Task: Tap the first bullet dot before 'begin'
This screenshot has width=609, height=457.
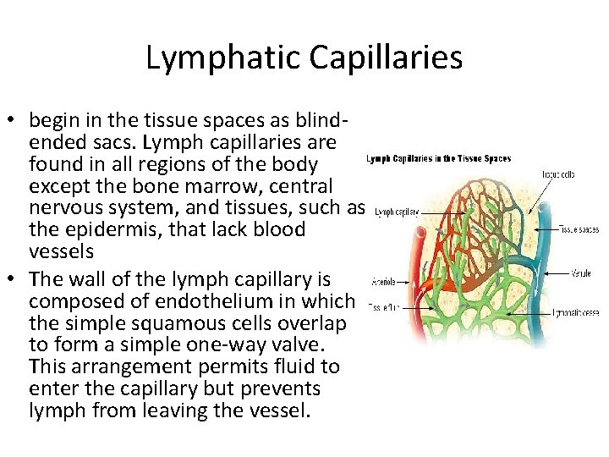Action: coord(15,119)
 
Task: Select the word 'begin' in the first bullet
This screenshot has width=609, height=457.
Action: coord(54,118)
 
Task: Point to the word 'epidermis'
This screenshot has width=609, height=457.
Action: coord(98,229)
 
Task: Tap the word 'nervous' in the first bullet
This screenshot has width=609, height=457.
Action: coord(69,207)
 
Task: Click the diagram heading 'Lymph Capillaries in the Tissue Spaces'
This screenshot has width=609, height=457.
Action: coord(438,158)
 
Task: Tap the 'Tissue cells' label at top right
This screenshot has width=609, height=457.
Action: coord(559,174)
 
